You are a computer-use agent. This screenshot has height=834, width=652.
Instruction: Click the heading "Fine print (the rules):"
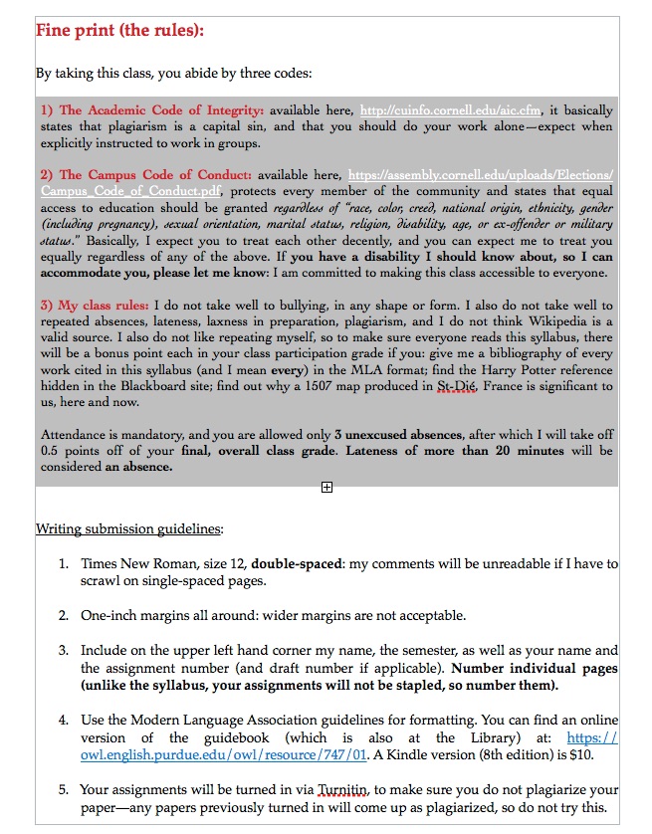[x=119, y=30]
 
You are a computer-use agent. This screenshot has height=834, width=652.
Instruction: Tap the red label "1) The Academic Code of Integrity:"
[x=152, y=110]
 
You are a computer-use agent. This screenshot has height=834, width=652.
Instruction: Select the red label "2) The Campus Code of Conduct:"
[x=146, y=175]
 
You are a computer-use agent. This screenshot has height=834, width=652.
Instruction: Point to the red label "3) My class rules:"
[x=95, y=306]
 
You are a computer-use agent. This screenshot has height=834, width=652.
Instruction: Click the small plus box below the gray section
[x=326, y=487]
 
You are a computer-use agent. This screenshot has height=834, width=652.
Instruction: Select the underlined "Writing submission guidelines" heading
[x=128, y=528]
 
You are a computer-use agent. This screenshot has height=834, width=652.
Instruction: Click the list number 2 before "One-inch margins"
[x=63, y=615]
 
